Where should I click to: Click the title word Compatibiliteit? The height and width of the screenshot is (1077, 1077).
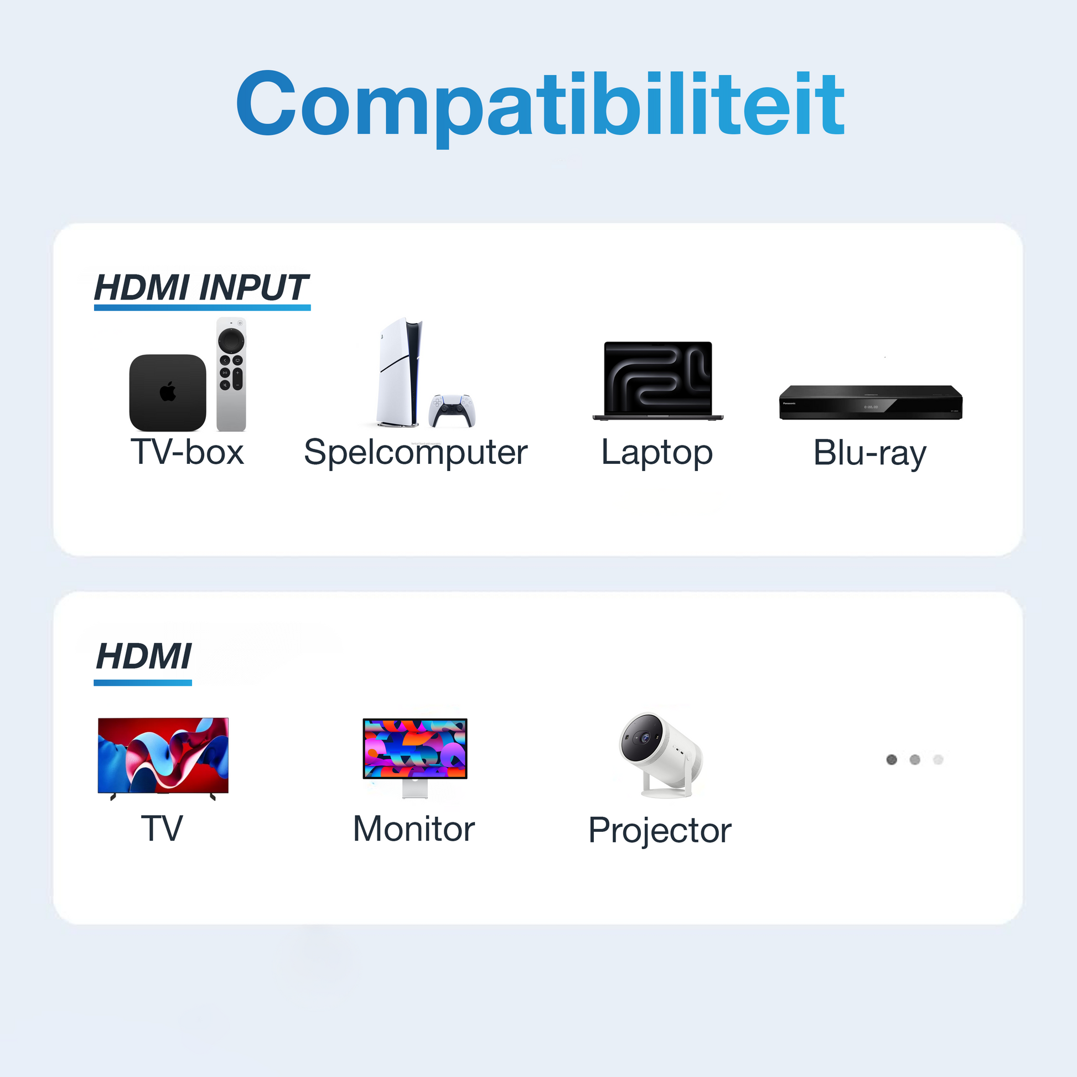pyautogui.click(x=540, y=105)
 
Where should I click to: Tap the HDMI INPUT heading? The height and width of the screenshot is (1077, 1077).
pyautogui.click(x=201, y=288)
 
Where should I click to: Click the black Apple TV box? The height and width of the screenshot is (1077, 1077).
pyautogui.click(x=167, y=392)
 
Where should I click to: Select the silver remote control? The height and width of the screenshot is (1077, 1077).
pyautogui.click(x=231, y=375)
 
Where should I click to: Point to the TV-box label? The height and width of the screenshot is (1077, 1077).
pyautogui.click(x=187, y=452)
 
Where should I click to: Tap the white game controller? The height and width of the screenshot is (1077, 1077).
pyautogui.click(x=452, y=410)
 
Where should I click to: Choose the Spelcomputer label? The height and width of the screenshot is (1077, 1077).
pyautogui.click(x=415, y=452)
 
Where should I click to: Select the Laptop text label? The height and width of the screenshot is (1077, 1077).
pyautogui.click(x=657, y=452)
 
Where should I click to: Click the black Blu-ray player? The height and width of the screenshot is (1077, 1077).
pyautogui.click(x=870, y=402)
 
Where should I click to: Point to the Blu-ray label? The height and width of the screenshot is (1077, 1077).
pyautogui.click(x=869, y=453)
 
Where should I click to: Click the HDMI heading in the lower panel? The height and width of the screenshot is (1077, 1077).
pyautogui.click(x=143, y=656)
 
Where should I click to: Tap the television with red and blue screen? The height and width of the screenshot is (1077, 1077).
pyautogui.click(x=163, y=756)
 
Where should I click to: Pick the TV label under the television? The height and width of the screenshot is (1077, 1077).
pyautogui.click(x=162, y=829)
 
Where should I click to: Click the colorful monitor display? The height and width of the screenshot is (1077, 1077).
pyautogui.click(x=415, y=748)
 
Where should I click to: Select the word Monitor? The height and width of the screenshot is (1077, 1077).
pyautogui.click(x=413, y=829)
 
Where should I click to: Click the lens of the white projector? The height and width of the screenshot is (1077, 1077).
pyautogui.click(x=645, y=738)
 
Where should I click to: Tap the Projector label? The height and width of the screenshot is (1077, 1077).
pyautogui.click(x=660, y=831)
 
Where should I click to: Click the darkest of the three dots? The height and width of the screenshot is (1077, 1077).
pyautogui.click(x=892, y=759)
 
